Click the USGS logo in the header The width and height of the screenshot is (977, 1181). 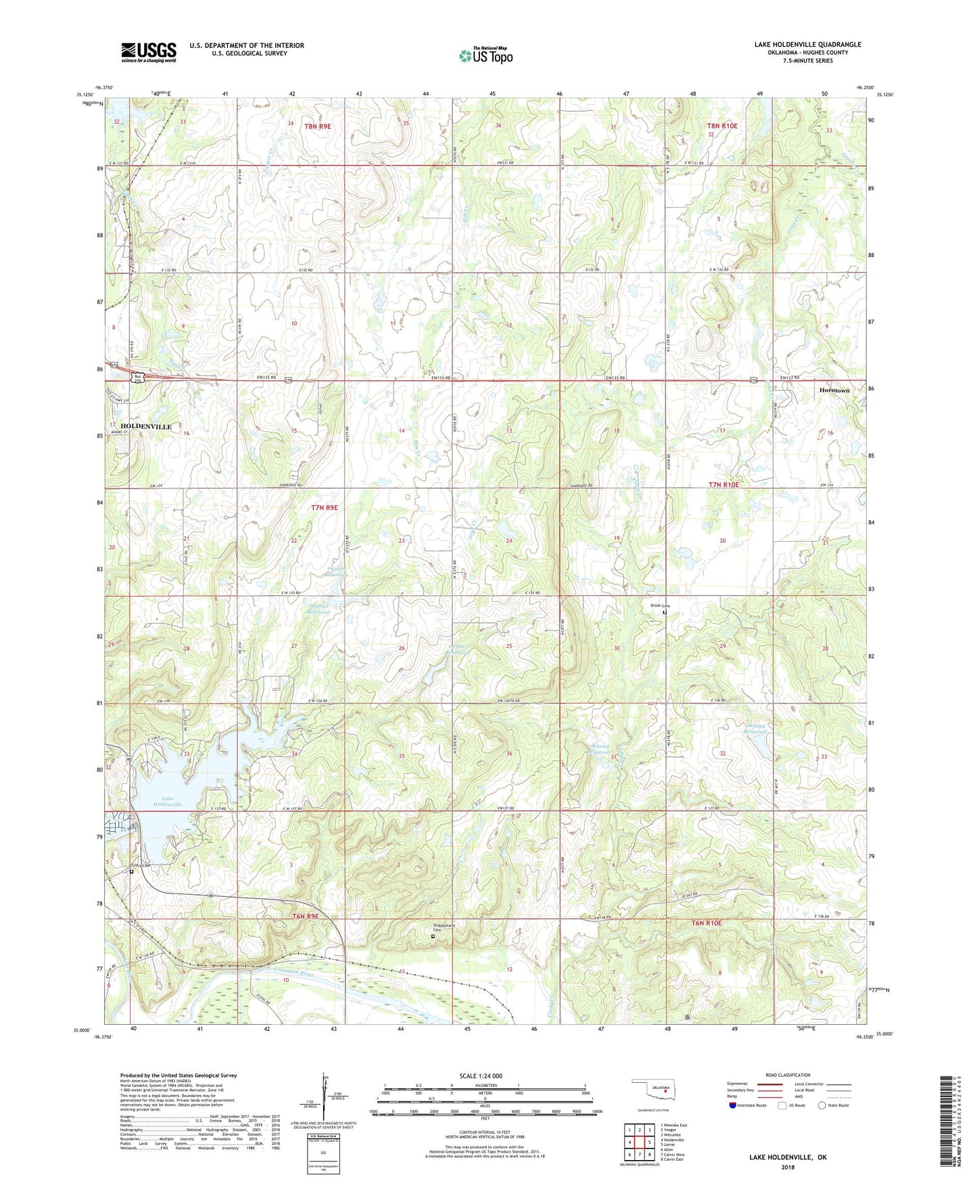[149, 51]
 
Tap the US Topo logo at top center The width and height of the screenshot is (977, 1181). [485, 55]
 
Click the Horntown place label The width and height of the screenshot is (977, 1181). [834, 391]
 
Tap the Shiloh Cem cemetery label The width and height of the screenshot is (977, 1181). [659, 605]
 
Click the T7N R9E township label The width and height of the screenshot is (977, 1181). [324, 507]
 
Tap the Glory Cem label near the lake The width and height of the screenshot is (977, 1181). [141, 865]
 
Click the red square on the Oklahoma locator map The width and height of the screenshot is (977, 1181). [665, 1090]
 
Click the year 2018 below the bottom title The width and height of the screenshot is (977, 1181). [788, 1167]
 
